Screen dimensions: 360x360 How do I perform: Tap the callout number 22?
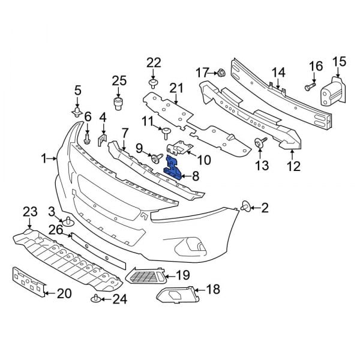click(154, 62)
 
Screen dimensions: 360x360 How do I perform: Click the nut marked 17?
click(220, 73)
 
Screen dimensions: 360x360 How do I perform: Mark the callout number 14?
click(278, 73)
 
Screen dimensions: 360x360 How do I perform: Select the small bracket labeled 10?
click(179, 148)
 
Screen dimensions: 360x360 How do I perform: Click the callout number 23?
click(30, 211)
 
